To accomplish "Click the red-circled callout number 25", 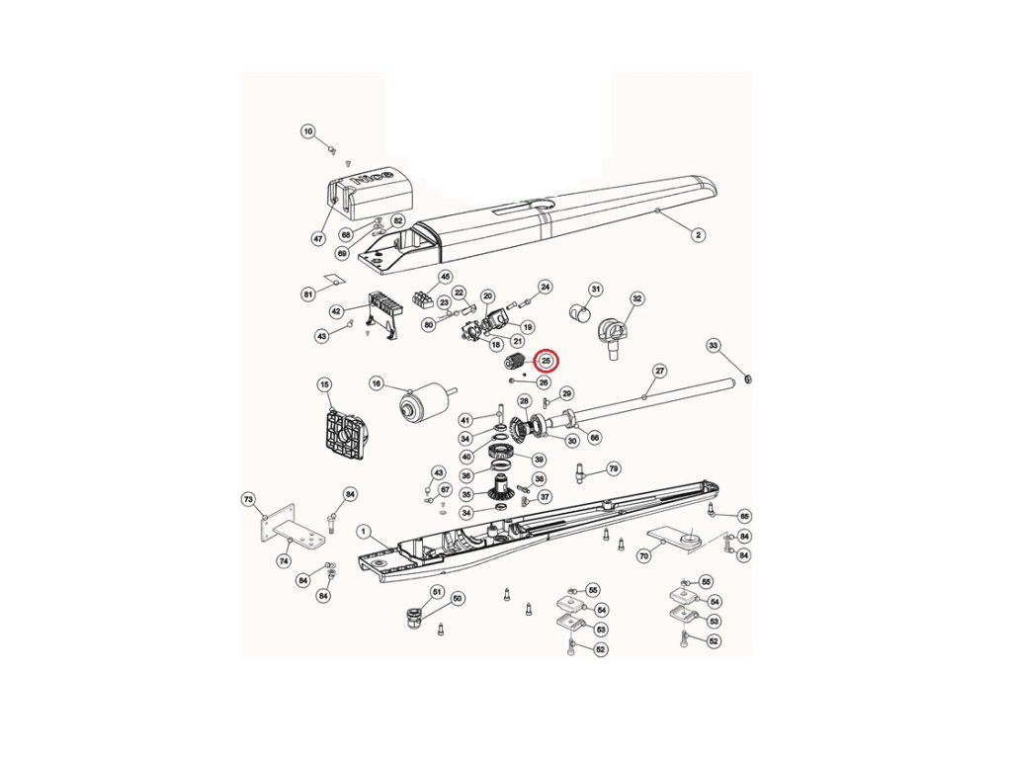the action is coord(547,361).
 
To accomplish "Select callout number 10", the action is coord(307,131).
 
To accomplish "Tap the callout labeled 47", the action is coord(318,238).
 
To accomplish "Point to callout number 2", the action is coord(698,235).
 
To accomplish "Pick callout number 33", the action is coord(715,345).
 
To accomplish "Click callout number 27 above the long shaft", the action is coord(660,371).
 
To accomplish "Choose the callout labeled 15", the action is coord(323,383).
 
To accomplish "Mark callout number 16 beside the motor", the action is coord(377,383).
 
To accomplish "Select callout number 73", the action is coord(249,500).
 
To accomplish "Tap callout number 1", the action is coord(364,531).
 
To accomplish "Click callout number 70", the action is coord(643,556).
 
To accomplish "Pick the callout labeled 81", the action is coord(308,294).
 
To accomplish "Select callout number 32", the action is coord(637,297).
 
